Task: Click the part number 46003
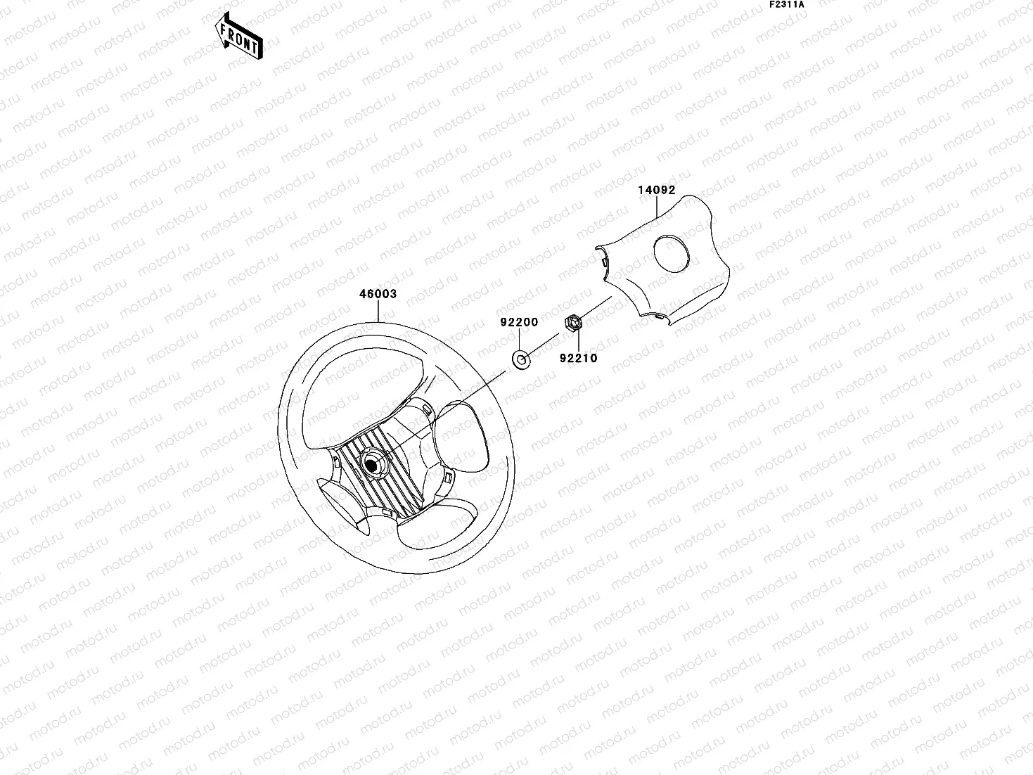coord(378,294)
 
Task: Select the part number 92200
coord(519,322)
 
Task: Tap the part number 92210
coord(578,358)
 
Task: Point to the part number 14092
coord(656,190)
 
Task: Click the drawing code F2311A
coord(786,4)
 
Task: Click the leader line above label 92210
coord(577,340)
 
